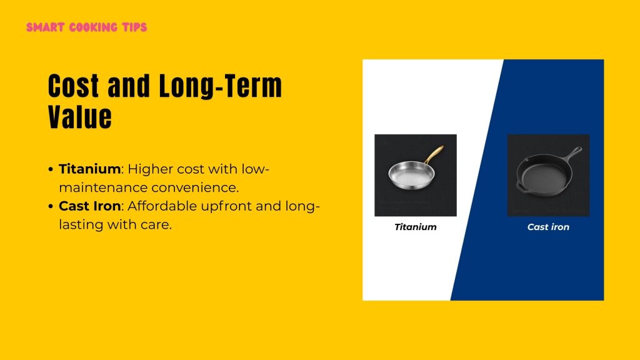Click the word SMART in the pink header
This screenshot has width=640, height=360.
(43, 27)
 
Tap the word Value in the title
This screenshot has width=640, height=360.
(80, 117)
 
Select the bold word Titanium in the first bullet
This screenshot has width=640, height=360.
(89, 169)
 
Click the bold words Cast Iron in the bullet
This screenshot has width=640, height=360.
(89, 206)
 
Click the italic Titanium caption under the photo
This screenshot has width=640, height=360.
(415, 227)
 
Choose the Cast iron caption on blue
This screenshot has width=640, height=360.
(548, 227)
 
